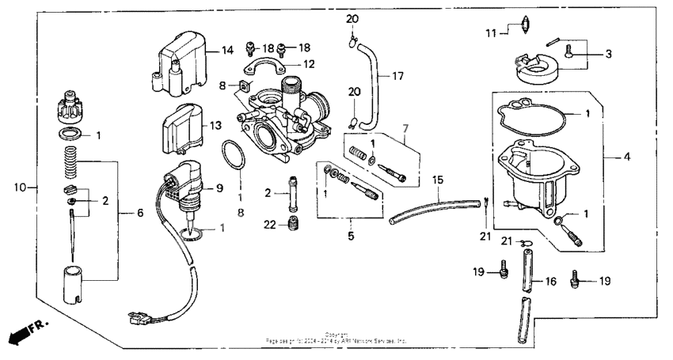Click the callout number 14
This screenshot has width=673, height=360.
click(x=227, y=51)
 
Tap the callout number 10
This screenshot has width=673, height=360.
click(x=21, y=188)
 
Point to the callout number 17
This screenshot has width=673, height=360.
click(x=397, y=77)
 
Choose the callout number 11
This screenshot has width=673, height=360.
click(x=490, y=32)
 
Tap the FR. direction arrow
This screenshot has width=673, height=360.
click(x=25, y=333)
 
